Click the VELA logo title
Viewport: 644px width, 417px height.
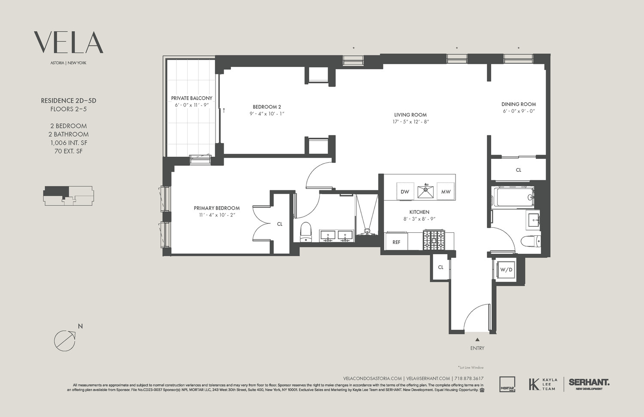69,42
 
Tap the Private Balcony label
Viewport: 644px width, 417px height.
191,98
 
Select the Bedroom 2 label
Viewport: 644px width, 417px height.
267,107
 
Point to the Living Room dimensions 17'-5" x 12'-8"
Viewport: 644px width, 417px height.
410,122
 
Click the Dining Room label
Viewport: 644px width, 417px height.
519,104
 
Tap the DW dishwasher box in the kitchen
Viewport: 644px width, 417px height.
405,192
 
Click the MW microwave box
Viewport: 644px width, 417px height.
446,192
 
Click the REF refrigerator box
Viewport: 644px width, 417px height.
396,242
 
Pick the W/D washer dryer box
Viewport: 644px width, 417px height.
506,270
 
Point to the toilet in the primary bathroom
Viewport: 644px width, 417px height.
306,231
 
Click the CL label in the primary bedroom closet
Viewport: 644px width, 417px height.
280,224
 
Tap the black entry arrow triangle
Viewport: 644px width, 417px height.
477,340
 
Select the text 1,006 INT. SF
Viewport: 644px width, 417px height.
68,143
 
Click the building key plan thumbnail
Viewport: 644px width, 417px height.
68,195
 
